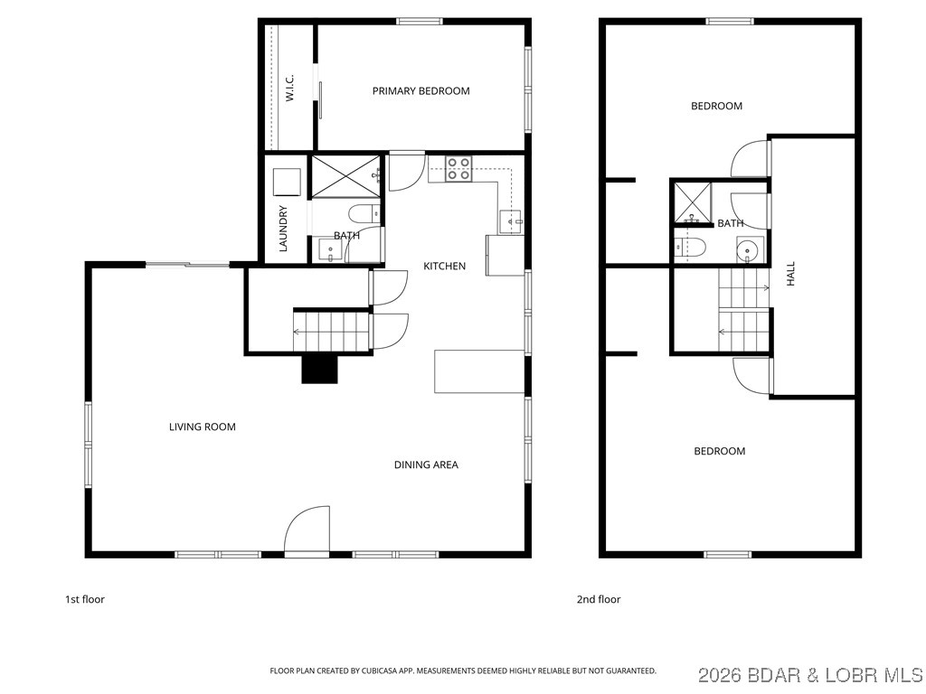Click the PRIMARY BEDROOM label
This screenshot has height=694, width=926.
point(420,90)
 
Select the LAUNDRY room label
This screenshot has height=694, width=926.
point(283,229)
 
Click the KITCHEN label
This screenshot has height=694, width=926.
point(445,266)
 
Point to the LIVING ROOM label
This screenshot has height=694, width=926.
point(203,427)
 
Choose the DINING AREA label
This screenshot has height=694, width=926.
point(426,464)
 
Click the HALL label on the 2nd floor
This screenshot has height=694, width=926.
point(791,274)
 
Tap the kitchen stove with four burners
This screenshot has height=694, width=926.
point(458,169)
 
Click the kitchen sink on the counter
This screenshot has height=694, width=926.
point(511,220)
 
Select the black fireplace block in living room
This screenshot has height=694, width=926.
point(319,369)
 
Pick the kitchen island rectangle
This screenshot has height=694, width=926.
point(479,371)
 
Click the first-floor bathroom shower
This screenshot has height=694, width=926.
point(345,175)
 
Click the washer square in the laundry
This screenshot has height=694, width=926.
point(288,182)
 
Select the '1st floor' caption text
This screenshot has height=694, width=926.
point(85,599)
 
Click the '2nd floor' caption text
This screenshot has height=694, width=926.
point(599,599)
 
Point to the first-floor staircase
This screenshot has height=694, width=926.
point(331,331)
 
